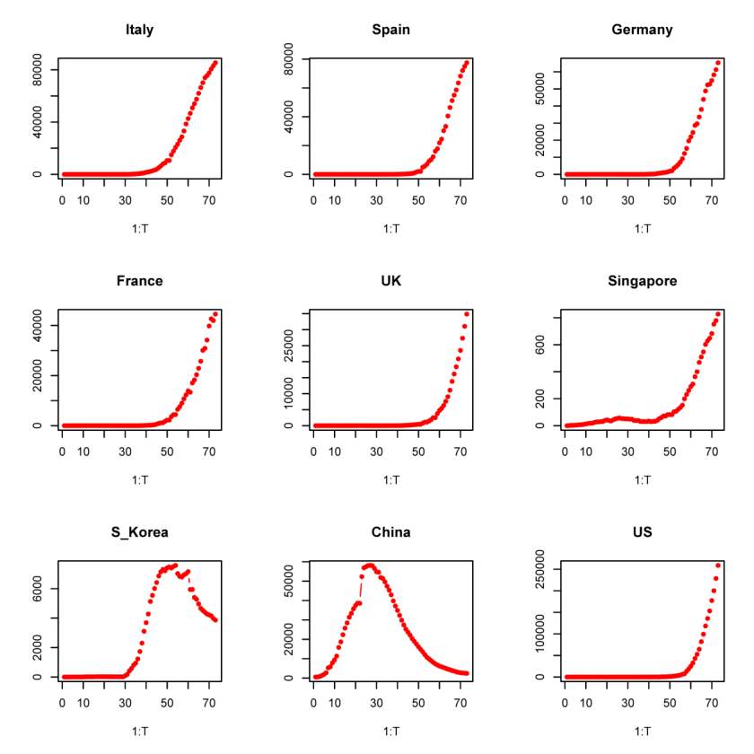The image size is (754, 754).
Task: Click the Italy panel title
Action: pos(139,30)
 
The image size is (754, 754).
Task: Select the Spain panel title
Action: pos(391,30)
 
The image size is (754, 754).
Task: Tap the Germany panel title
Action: pos(642,30)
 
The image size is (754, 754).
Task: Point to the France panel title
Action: pos(139,281)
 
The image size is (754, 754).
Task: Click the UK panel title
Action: pos(391,281)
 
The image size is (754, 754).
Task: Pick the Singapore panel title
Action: pos(642,281)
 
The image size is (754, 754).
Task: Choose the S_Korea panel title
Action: pos(139,532)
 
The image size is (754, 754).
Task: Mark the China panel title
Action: pos(391,532)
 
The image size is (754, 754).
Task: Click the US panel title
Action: pos(642,532)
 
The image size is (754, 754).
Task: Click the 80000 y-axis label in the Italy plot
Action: pos(37,70)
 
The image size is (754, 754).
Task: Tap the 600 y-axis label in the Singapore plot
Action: pos(539,345)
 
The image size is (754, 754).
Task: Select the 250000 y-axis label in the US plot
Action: pos(539,569)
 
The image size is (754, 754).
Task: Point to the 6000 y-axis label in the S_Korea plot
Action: pos(37,589)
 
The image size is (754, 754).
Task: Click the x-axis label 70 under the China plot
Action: pos(460,704)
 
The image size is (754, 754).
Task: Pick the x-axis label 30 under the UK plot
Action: pos(376,452)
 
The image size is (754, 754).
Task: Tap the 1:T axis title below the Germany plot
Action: pos(642,229)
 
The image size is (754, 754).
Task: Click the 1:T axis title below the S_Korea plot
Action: pos(139,732)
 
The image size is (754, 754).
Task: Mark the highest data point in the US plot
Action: pos(718,565)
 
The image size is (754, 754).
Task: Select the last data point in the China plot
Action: pos(467,673)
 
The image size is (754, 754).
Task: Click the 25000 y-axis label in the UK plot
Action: pos(288,346)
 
